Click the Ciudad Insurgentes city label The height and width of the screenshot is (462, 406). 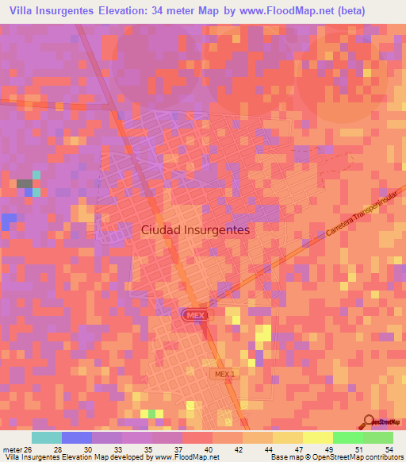[x=195, y=230]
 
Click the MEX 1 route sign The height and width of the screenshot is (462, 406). [x=224, y=373]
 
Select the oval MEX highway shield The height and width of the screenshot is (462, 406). [x=193, y=315]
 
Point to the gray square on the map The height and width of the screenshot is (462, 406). [x=24, y=183]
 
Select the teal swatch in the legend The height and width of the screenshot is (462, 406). [x=46, y=437]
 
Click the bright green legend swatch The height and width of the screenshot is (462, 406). [x=347, y=437]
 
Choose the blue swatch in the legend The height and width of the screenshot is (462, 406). [x=76, y=437]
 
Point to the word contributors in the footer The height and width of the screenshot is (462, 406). [x=381, y=456]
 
